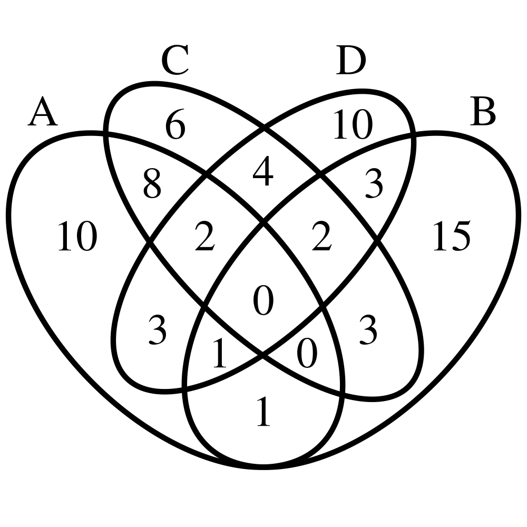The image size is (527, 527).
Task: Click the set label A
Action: point(43,113)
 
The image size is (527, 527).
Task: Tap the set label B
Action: point(482,113)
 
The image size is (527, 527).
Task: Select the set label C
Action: point(175,62)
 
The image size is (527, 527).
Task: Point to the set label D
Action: point(350,62)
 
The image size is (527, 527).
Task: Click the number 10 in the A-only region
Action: point(77,237)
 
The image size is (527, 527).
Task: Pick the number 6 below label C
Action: point(175,127)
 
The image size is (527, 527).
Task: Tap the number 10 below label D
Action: point(353,127)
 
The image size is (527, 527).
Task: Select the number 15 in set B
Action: point(451,237)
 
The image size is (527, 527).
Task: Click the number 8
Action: point(152,186)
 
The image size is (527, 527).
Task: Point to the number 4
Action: point(263,174)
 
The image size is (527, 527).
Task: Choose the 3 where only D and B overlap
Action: point(374,186)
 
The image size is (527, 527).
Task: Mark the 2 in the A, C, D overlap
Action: point(205,238)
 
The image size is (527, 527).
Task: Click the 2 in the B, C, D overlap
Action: point(321,238)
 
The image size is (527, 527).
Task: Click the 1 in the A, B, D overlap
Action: point(219,355)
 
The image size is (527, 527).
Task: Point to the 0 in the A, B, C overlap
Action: point(307,355)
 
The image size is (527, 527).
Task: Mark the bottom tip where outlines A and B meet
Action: point(263,467)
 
